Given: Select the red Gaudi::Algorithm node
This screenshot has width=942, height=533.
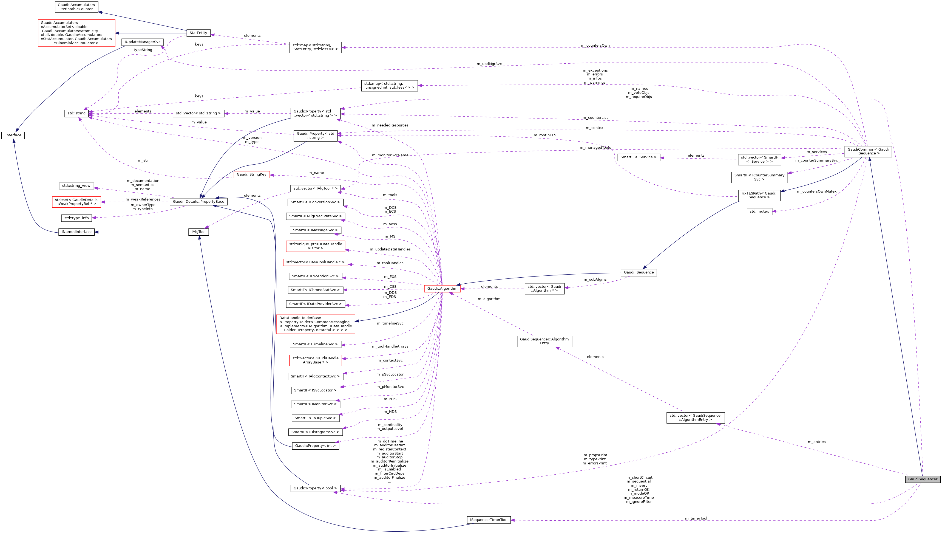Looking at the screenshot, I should pos(442,289).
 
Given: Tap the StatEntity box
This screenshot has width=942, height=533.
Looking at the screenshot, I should pos(198,33).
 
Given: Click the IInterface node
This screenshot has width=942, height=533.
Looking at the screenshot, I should pos(13,135).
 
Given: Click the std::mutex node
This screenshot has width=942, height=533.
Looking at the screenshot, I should pos(759,211).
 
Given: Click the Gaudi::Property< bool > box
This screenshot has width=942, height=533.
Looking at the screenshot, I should pos(315,488).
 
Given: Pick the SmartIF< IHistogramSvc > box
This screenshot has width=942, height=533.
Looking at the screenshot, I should pos(315,432).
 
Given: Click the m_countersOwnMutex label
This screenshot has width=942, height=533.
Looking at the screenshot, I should pos(816,191).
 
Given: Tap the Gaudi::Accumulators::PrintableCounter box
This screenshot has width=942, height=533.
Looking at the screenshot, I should pos(76,7).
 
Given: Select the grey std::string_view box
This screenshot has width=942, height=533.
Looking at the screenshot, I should pos(76,186).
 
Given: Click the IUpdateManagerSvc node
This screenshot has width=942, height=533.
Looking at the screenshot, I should pos(142,42).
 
